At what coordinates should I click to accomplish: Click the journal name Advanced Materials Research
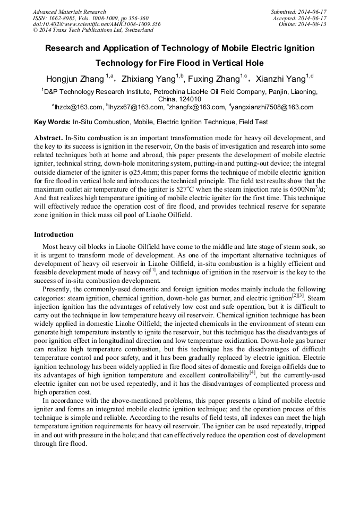tap(69, 12)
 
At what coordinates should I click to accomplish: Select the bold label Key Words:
tap(52, 122)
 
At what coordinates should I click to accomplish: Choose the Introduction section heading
tap(54, 234)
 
